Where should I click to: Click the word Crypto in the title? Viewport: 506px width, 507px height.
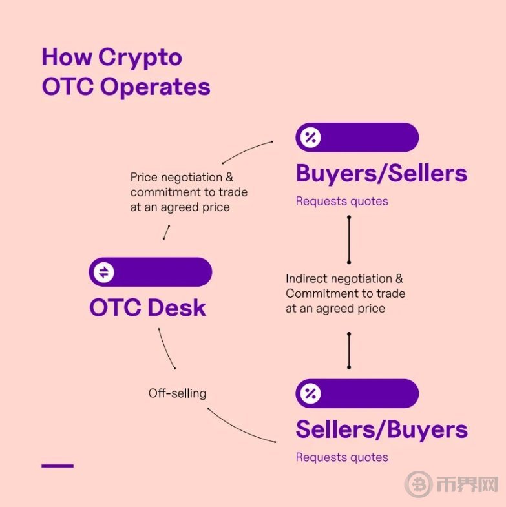140,57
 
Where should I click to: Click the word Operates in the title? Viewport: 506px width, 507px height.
155,87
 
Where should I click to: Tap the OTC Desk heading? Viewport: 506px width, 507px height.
147,307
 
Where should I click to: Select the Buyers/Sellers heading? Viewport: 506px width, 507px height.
381,174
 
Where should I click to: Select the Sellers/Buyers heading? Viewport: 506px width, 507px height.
382,429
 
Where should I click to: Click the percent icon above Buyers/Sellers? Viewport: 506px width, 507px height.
310,138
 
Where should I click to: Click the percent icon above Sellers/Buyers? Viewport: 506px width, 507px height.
310,393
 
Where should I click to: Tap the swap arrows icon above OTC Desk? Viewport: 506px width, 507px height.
104,273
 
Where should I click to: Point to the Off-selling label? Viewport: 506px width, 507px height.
177,393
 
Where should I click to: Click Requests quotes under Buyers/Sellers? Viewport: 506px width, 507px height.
342,202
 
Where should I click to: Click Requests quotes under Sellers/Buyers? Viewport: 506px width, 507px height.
342,457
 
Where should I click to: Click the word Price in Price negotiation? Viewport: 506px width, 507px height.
143,177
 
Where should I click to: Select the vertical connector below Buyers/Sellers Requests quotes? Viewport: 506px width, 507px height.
349,240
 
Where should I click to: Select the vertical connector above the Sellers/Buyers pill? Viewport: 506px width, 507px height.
349,351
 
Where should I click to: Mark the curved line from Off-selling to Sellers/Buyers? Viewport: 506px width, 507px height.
238,429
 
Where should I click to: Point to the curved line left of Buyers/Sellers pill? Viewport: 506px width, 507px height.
246,150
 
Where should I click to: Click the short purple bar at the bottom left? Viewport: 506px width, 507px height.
58,466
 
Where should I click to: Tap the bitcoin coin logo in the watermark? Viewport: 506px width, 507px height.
419,484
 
